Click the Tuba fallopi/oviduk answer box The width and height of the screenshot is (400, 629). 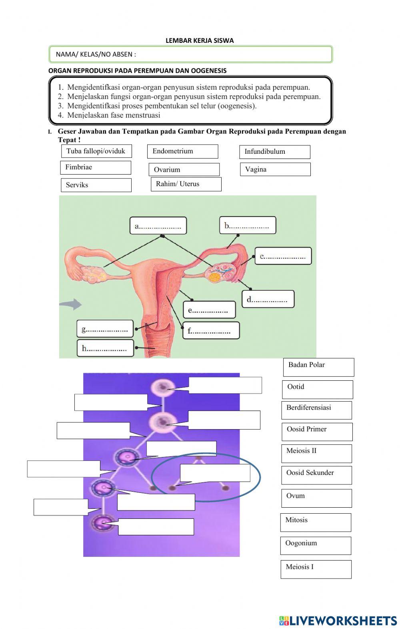point(96,151)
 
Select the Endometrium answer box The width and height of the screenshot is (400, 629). point(182,151)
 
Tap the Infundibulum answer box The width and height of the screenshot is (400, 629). point(275,152)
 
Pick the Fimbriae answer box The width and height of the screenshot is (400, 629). point(96,167)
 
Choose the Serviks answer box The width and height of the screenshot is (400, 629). point(96,185)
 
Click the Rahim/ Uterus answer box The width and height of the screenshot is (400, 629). point(186,184)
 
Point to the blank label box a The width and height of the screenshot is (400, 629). point(158,226)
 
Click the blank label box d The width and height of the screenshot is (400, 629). point(268,299)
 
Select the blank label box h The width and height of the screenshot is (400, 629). point(105,348)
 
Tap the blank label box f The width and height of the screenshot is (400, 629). point(211,331)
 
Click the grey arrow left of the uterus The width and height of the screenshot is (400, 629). point(70,304)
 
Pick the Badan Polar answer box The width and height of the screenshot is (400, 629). point(318,367)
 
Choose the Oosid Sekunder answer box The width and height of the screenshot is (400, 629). point(316,475)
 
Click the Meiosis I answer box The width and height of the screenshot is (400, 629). point(316,569)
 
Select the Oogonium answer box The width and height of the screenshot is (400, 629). point(316,546)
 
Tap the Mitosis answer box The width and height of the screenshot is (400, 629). point(316,522)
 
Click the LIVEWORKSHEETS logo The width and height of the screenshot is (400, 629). point(338,621)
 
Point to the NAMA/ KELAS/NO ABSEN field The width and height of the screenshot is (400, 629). point(190,54)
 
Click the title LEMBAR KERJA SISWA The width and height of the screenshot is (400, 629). point(200,40)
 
